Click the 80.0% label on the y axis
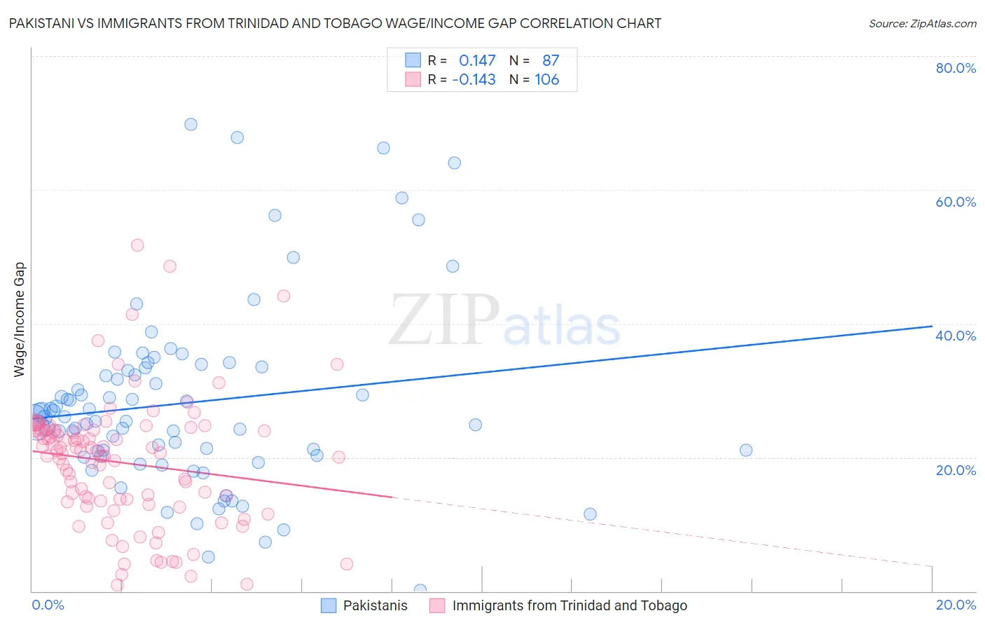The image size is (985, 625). [x=956, y=68]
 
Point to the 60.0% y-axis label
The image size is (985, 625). [x=956, y=202]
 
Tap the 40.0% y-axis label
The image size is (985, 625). [x=956, y=336]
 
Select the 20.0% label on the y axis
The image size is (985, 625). [x=956, y=470]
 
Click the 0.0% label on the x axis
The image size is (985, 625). [x=48, y=605]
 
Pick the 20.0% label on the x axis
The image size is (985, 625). [x=956, y=605]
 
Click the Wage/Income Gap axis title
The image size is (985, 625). [x=20, y=320]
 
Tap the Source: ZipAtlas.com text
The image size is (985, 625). [x=922, y=24]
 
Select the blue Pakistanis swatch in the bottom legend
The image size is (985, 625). [x=329, y=605]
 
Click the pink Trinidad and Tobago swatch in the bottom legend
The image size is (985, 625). [x=437, y=605]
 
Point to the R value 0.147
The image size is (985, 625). [x=477, y=61]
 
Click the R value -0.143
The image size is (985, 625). [x=474, y=80]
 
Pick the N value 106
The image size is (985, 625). [x=546, y=80]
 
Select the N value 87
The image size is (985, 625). [x=550, y=61]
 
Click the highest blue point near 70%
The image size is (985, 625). [x=191, y=125]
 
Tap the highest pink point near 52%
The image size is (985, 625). [x=137, y=245]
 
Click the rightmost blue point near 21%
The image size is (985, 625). [x=746, y=451]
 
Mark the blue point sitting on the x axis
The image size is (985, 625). [x=420, y=590]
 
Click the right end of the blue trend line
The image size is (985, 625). [x=932, y=326]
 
